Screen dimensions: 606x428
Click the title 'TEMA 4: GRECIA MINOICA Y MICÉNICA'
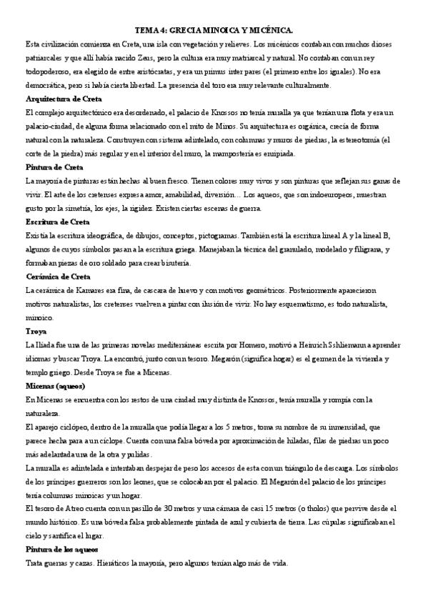[214, 30]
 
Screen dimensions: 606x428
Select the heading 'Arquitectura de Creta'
[63, 99]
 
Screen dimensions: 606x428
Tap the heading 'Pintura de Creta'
[54, 167]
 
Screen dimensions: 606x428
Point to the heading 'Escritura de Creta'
[57, 222]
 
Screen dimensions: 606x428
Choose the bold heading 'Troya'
[35, 332]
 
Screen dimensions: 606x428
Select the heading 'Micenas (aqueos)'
[55, 386]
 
